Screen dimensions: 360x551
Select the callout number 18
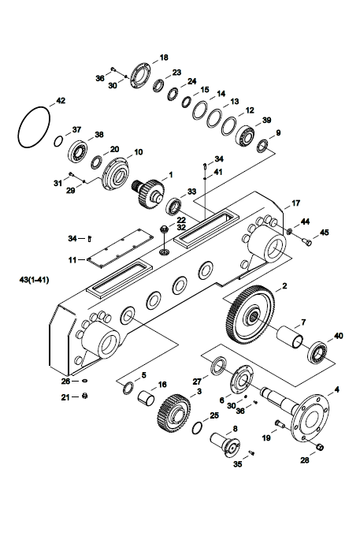[x=164, y=58]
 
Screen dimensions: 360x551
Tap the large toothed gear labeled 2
[x=249, y=315]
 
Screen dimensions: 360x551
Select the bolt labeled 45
[x=306, y=241]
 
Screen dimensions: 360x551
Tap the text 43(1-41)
[x=34, y=280]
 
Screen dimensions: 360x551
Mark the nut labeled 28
[x=320, y=447]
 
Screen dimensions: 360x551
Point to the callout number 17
[x=295, y=203]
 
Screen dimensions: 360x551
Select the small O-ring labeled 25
[x=198, y=428]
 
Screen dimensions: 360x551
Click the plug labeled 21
[x=84, y=396]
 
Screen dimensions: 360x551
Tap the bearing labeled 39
[x=245, y=136]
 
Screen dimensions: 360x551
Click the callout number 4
[x=337, y=389]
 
